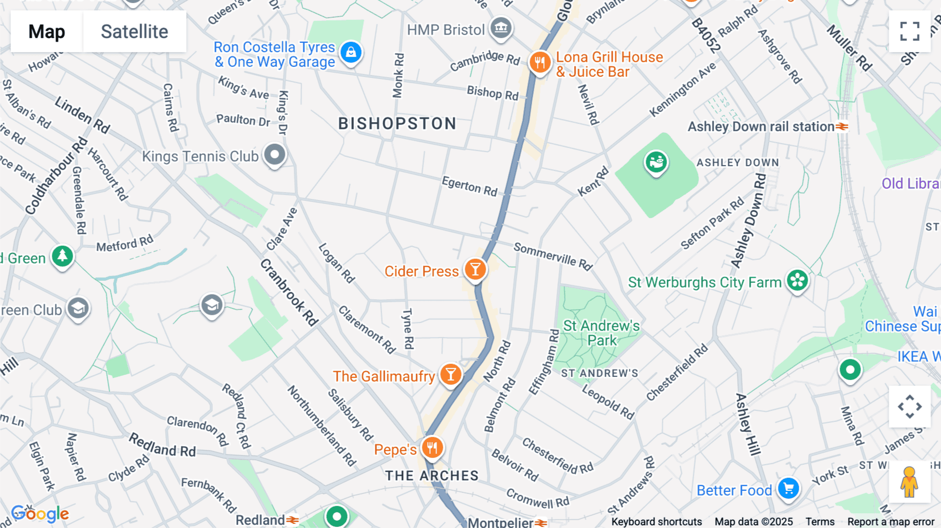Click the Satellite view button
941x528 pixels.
(x=134, y=31)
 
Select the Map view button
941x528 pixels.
(x=47, y=31)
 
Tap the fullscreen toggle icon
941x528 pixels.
(x=910, y=31)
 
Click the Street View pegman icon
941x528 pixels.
(x=910, y=482)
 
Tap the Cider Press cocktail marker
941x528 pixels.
(x=475, y=270)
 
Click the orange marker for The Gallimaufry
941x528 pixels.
(x=450, y=374)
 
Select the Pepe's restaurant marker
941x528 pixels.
(x=432, y=448)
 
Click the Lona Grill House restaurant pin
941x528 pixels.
(x=540, y=63)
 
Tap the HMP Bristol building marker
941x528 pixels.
(x=501, y=28)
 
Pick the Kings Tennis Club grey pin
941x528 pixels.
(x=274, y=155)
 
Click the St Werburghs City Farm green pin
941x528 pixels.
(x=798, y=281)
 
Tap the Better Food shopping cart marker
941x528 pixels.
(x=788, y=489)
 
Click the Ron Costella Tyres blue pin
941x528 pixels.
(x=351, y=53)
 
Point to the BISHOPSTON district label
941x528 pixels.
(x=397, y=124)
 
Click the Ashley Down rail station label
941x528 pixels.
(x=761, y=127)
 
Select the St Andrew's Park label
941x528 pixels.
(x=601, y=333)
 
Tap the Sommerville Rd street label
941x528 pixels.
(x=553, y=256)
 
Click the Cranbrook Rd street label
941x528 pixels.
(x=289, y=292)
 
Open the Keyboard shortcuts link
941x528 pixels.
(x=657, y=522)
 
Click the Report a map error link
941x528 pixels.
(x=891, y=522)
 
